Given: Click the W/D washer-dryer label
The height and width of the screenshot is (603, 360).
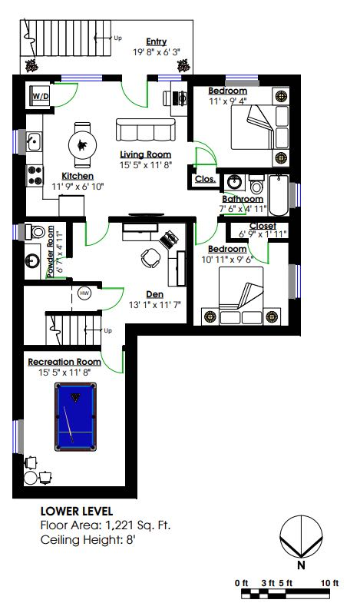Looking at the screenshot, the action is click(41, 96).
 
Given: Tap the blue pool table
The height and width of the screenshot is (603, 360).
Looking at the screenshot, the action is click(75, 416).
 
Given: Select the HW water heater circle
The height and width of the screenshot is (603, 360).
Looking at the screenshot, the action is click(84, 293).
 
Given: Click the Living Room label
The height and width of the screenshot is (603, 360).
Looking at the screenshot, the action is click(146, 154).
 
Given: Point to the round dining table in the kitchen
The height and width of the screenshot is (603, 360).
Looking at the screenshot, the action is click(83, 145).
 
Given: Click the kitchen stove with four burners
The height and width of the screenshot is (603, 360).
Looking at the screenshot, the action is click(35, 175).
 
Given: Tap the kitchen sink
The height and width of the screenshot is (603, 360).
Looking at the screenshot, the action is click(35, 141).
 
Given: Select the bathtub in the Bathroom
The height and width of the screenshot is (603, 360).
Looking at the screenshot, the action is click(278, 195).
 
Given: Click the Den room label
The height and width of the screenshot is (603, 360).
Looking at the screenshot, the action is click(155, 294).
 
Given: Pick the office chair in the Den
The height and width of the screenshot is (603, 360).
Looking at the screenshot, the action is click(150, 257).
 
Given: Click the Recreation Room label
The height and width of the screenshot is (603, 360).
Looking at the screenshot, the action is click(64, 362).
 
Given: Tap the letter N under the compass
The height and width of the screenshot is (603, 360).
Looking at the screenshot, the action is click(301, 565).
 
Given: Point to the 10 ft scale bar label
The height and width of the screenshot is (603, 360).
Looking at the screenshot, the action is click(329, 583).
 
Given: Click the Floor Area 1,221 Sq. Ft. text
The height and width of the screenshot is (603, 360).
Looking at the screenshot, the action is click(105, 525).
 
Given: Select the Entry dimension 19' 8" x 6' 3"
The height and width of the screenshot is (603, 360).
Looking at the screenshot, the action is click(157, 52).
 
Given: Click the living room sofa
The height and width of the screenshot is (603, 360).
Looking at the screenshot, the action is click(146, 130).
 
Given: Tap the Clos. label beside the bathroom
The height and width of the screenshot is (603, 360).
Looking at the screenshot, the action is click(205, 179).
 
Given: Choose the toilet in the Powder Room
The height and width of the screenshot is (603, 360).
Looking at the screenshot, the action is click(35, 231).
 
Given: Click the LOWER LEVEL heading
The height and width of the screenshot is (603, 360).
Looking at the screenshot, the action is click(77, 511).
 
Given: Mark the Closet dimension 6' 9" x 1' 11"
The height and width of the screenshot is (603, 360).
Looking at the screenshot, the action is click(263, 234).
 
